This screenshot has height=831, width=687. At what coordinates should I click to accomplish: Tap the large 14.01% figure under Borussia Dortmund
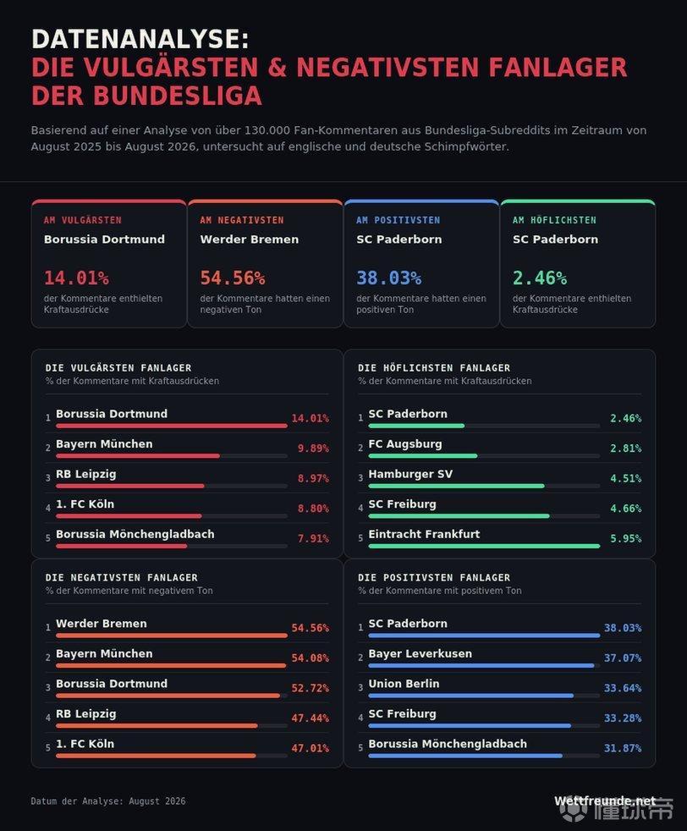coord(76,278)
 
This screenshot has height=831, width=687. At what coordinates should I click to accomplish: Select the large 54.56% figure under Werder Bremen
coord(233,278)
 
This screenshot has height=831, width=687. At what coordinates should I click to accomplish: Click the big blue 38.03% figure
coord(389,278)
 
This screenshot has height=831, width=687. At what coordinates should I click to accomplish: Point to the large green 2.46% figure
coord(540,278)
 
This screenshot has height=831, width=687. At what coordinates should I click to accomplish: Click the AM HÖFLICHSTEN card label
coord(554,220)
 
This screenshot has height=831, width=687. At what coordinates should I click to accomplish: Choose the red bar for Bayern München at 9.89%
coord(138,456)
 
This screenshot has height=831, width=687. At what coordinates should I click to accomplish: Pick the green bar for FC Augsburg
coord(423,456)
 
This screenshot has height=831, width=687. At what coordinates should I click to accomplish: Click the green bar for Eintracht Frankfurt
coord(484,546)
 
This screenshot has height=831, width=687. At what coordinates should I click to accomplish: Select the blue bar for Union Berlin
coord(471,696)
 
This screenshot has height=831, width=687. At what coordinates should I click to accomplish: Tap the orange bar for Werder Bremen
coord(172,636)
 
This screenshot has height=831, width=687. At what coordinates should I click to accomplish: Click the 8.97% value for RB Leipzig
coord(313,478)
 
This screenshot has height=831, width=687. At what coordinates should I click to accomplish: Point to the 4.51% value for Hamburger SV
coord(625,478)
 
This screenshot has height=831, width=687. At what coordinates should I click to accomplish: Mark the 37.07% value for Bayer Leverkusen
coord(623,658)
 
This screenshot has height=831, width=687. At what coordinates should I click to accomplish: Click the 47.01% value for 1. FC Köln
coord(311,748)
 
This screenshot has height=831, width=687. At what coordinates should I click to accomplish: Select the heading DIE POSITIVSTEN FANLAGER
coord(434,577)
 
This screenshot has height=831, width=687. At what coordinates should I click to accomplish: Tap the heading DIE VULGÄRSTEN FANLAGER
coord(118,367)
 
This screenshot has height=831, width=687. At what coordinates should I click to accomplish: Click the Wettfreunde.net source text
coord(605,801)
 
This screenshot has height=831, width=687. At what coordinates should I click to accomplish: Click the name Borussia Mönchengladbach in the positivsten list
coord(448,744)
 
